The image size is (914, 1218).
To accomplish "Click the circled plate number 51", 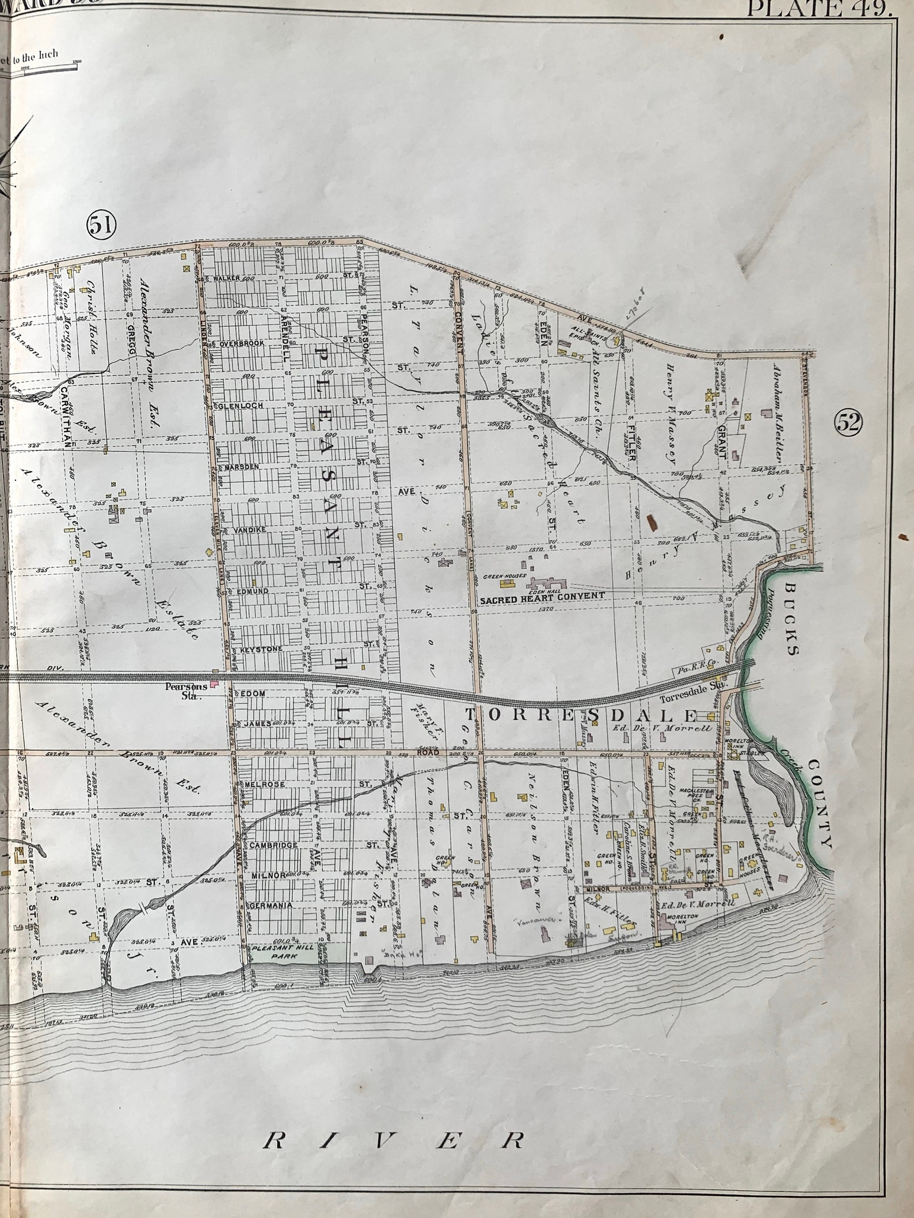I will point(101,225).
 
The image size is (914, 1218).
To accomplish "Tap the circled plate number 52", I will point(848,423).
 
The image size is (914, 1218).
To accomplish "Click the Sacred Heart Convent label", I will point(542,596).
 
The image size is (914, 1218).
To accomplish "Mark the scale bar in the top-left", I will point(40,68).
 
